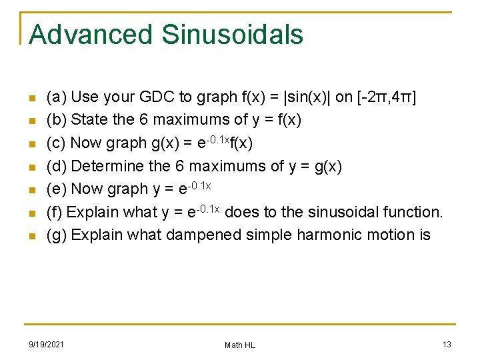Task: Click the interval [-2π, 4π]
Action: pos(387,97)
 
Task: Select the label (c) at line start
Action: pos(56,143)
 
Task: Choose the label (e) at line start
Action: pos(56,189)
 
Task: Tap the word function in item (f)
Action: pos(413,213)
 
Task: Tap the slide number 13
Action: pos(446,344)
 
